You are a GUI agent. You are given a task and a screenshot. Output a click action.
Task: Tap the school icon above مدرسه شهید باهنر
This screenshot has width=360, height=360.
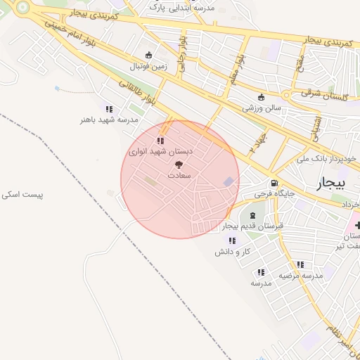pyautogui.click(x=108, y=109)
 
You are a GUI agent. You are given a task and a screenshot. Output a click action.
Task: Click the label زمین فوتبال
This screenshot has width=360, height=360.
pyautogui.click(x=147, y=67)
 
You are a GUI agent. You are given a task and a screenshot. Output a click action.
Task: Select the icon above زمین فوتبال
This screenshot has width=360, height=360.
pyautogui.click(x=148, y=56)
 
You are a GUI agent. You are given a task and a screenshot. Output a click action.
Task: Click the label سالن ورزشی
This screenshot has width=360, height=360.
pyautogui.click(x=262, y=108)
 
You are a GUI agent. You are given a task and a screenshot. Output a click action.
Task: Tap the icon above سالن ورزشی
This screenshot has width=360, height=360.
pyautogui.click(x=262, y=98)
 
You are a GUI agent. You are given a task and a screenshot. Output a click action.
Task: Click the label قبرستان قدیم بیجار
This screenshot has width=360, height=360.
pyautogui.click(x=252, y=226)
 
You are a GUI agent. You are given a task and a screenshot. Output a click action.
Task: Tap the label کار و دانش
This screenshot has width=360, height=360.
pyautogui.click(x=233, y=251)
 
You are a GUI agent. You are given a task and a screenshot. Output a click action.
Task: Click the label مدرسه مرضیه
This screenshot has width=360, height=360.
pyautogui.click(x=300, y=276)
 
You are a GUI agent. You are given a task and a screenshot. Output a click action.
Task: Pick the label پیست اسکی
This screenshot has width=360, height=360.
pyautogui.click(x=22, y=193)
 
